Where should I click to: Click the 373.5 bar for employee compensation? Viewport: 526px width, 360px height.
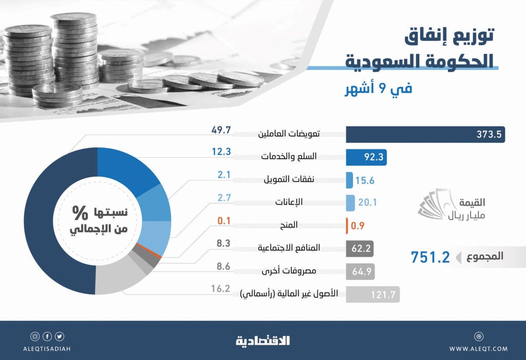pyautogui.click(x=425, y=135)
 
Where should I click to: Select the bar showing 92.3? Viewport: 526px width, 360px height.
pyautogui.click(x=366, y=157)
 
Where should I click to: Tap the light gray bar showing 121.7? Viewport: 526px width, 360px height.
pyautogui.click(x=372, y=294)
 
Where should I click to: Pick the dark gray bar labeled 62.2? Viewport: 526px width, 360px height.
pyautogui.click(x=360, y=249)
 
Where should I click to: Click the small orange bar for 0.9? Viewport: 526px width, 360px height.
pyautogui.click(x=348, y=225)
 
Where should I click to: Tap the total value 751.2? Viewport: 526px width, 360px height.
pyautogui.click(x=430, y=257)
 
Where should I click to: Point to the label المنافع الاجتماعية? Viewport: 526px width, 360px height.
pyautogui.click(x=289, y=248)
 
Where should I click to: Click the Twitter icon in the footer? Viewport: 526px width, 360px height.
pyautogui.click(x=60, y=336)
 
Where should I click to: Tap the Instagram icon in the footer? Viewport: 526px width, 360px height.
pyautogui.click(x=35, y=336)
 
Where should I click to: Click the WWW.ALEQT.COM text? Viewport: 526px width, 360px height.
pyautogui.click(x=478, y=349)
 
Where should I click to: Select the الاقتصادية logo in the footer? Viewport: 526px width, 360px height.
pyautogui.click(x=262, y=340)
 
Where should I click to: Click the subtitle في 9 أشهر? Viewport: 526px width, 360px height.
pyautogui.click(x=378, y=88)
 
